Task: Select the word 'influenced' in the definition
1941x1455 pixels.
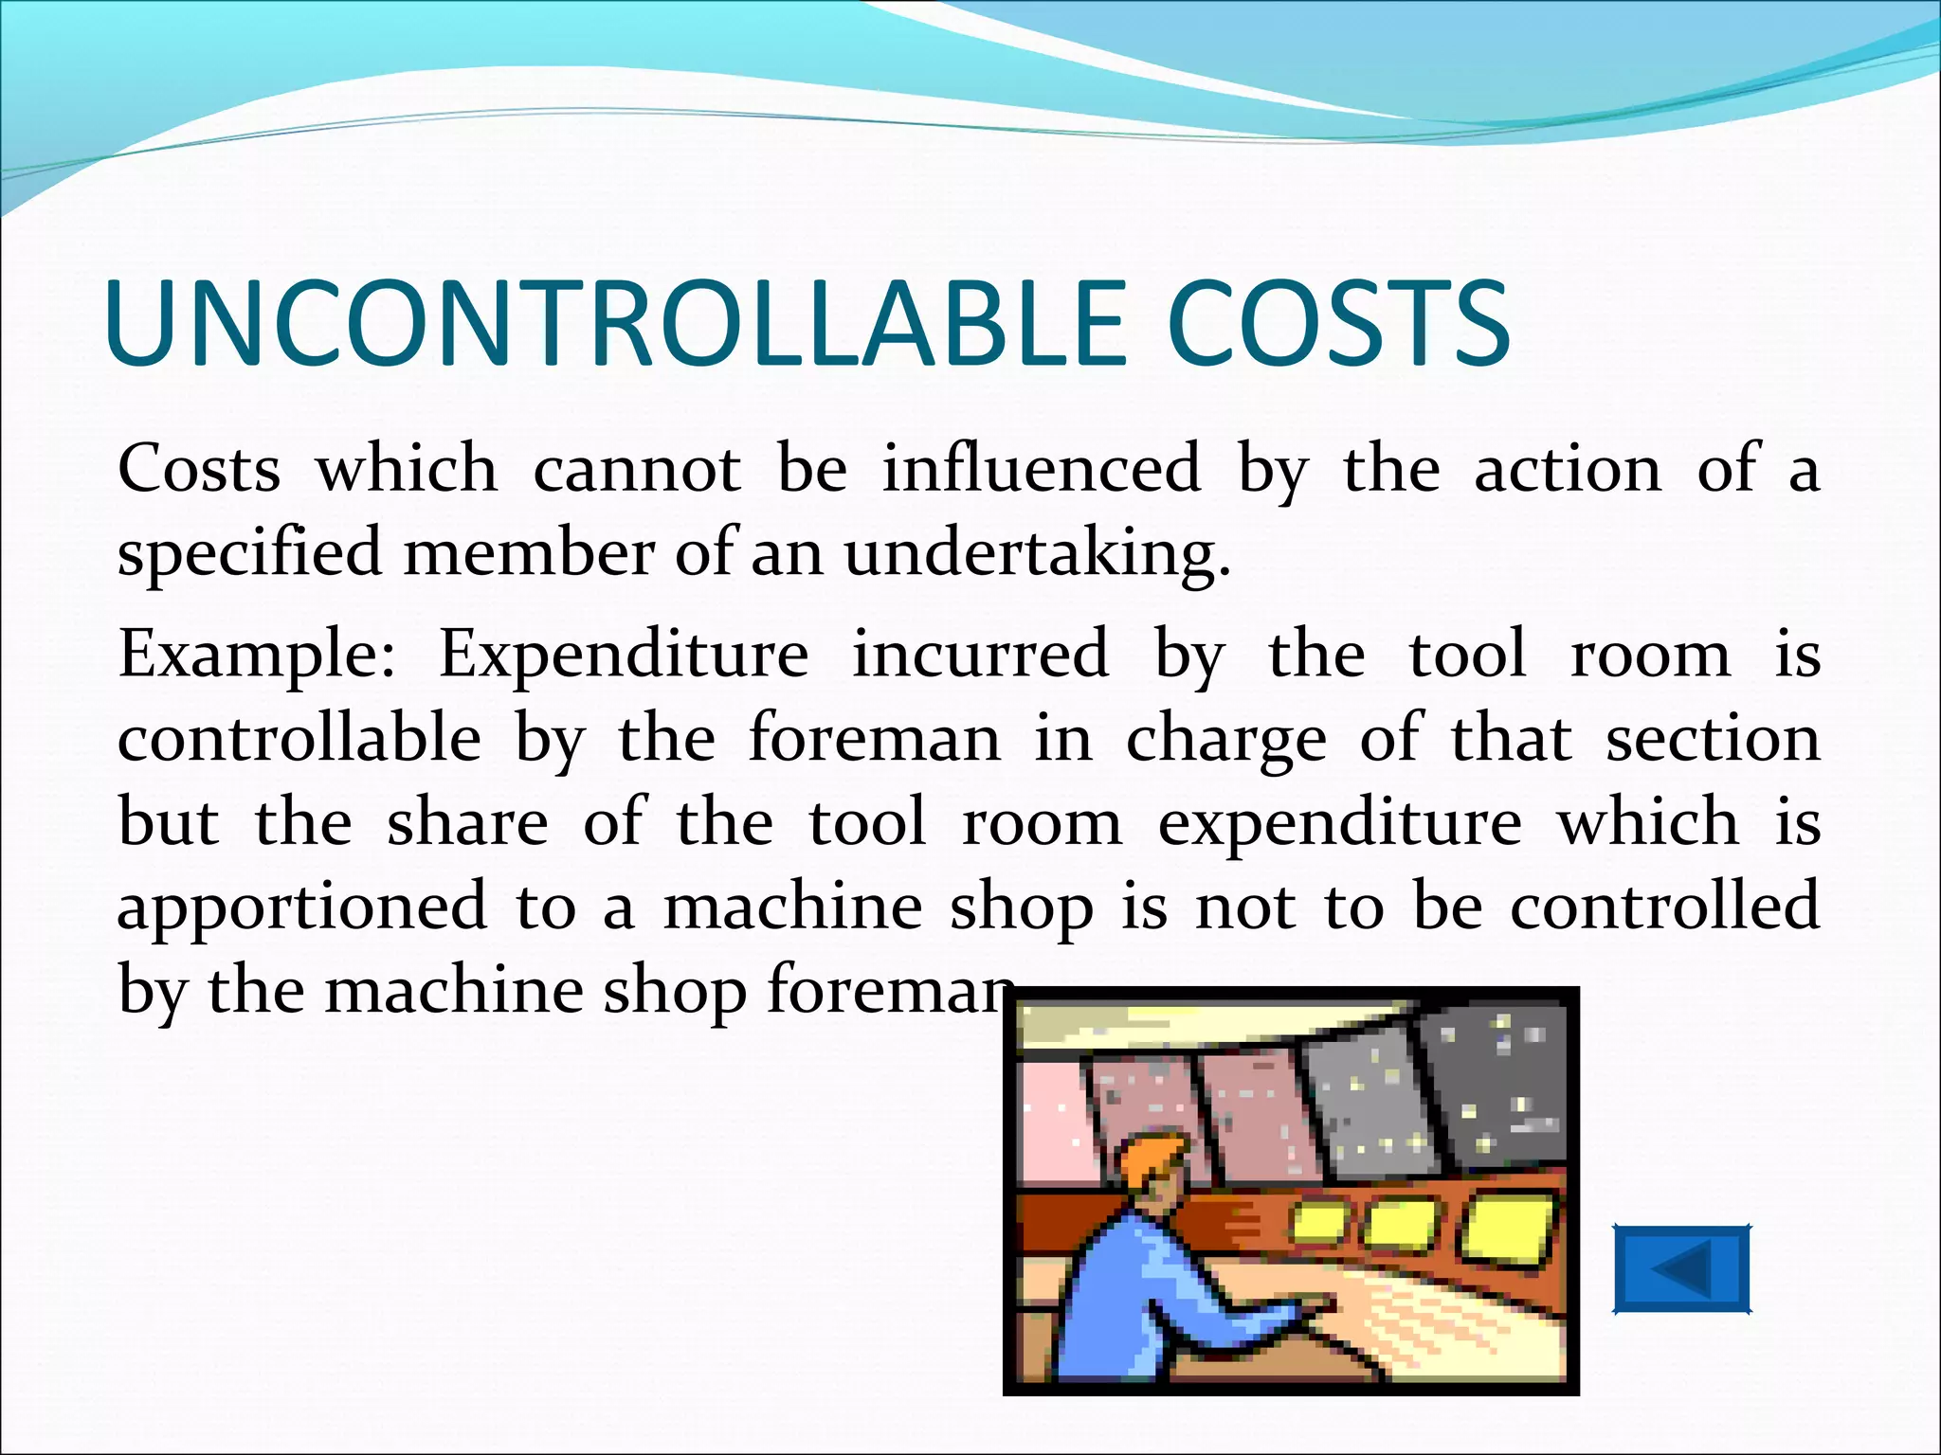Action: point(1042,468)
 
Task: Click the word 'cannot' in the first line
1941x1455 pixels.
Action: point(637,468)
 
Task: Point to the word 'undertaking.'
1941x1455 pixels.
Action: point(1037,553)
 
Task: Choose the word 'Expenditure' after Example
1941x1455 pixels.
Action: point(624,656)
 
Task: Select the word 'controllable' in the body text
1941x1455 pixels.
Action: point(299,738)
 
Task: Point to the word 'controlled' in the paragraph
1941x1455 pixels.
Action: point(1664,905)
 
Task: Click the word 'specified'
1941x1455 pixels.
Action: point(249,553)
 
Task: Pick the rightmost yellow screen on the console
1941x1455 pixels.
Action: point(1508,1230)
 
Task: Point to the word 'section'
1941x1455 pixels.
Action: point(1713,738)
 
